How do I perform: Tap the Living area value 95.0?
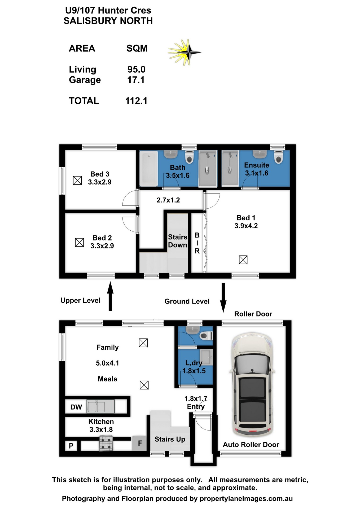(x=136, y=69)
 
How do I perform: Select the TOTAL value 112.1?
(x=136, y=101)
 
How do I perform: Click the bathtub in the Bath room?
(x=148, y=168)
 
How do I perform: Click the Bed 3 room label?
(x=100, y=174)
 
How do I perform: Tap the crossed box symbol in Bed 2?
(x=80, y=242)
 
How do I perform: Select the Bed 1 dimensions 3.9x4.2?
(x=246, y=226)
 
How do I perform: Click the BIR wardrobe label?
(x=197, y=243)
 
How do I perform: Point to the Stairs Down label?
(x=178, y=241)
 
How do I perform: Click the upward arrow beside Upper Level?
(x=110, y=296)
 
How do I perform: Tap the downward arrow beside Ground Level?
(x=223, y=298)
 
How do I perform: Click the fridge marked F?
(x=140, y=443)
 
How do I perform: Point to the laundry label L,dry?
(x=194, y=363)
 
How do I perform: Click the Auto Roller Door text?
(x=251, y=445)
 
